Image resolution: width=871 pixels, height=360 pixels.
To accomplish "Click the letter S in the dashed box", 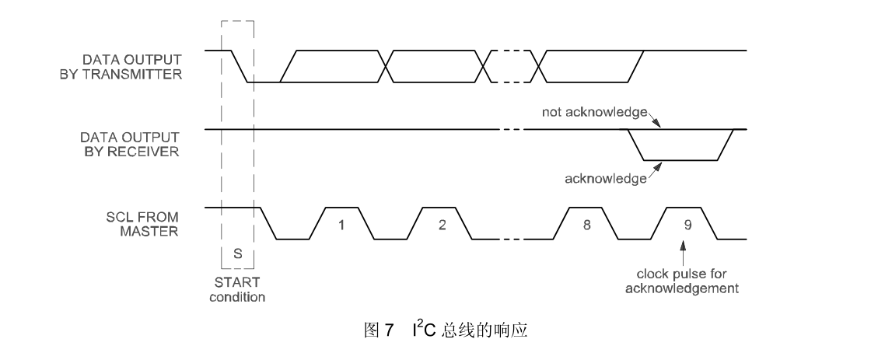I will (237, 253).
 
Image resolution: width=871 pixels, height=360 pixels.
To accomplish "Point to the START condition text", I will (237, 290).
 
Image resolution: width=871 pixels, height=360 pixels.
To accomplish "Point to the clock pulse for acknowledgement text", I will (684, 282).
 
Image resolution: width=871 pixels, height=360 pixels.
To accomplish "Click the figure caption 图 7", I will (380, 331).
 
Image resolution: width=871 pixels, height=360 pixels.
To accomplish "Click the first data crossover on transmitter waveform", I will (387, 66).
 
